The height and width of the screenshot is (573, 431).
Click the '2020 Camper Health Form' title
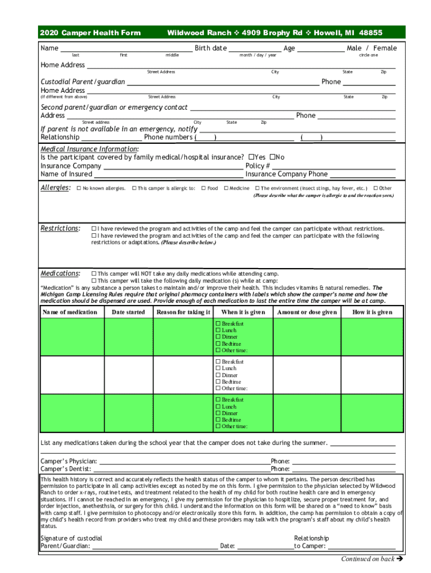(x=90, y=33)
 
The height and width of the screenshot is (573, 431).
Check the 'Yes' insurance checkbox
(x=251, y=157)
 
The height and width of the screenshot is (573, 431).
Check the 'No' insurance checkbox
(x=273, y=157)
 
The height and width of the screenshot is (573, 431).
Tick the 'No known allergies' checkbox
(x=79, y=189)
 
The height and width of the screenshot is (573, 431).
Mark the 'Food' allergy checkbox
(x=204, y=189)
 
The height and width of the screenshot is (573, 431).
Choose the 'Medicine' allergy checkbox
(x=226, y=189)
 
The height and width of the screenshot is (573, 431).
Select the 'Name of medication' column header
(x=70, y=312)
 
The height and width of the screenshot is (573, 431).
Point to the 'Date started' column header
(x=128, y=312)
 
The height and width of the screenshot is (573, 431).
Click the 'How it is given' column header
(x=372, y=312)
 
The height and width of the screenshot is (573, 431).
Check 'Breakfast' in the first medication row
(x=218, y=324)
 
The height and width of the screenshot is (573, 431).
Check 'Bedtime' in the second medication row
(x=218, y=382)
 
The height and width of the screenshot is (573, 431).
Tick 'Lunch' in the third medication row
(x=218, y=407)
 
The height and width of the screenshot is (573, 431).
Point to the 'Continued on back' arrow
(x=400, y=558)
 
